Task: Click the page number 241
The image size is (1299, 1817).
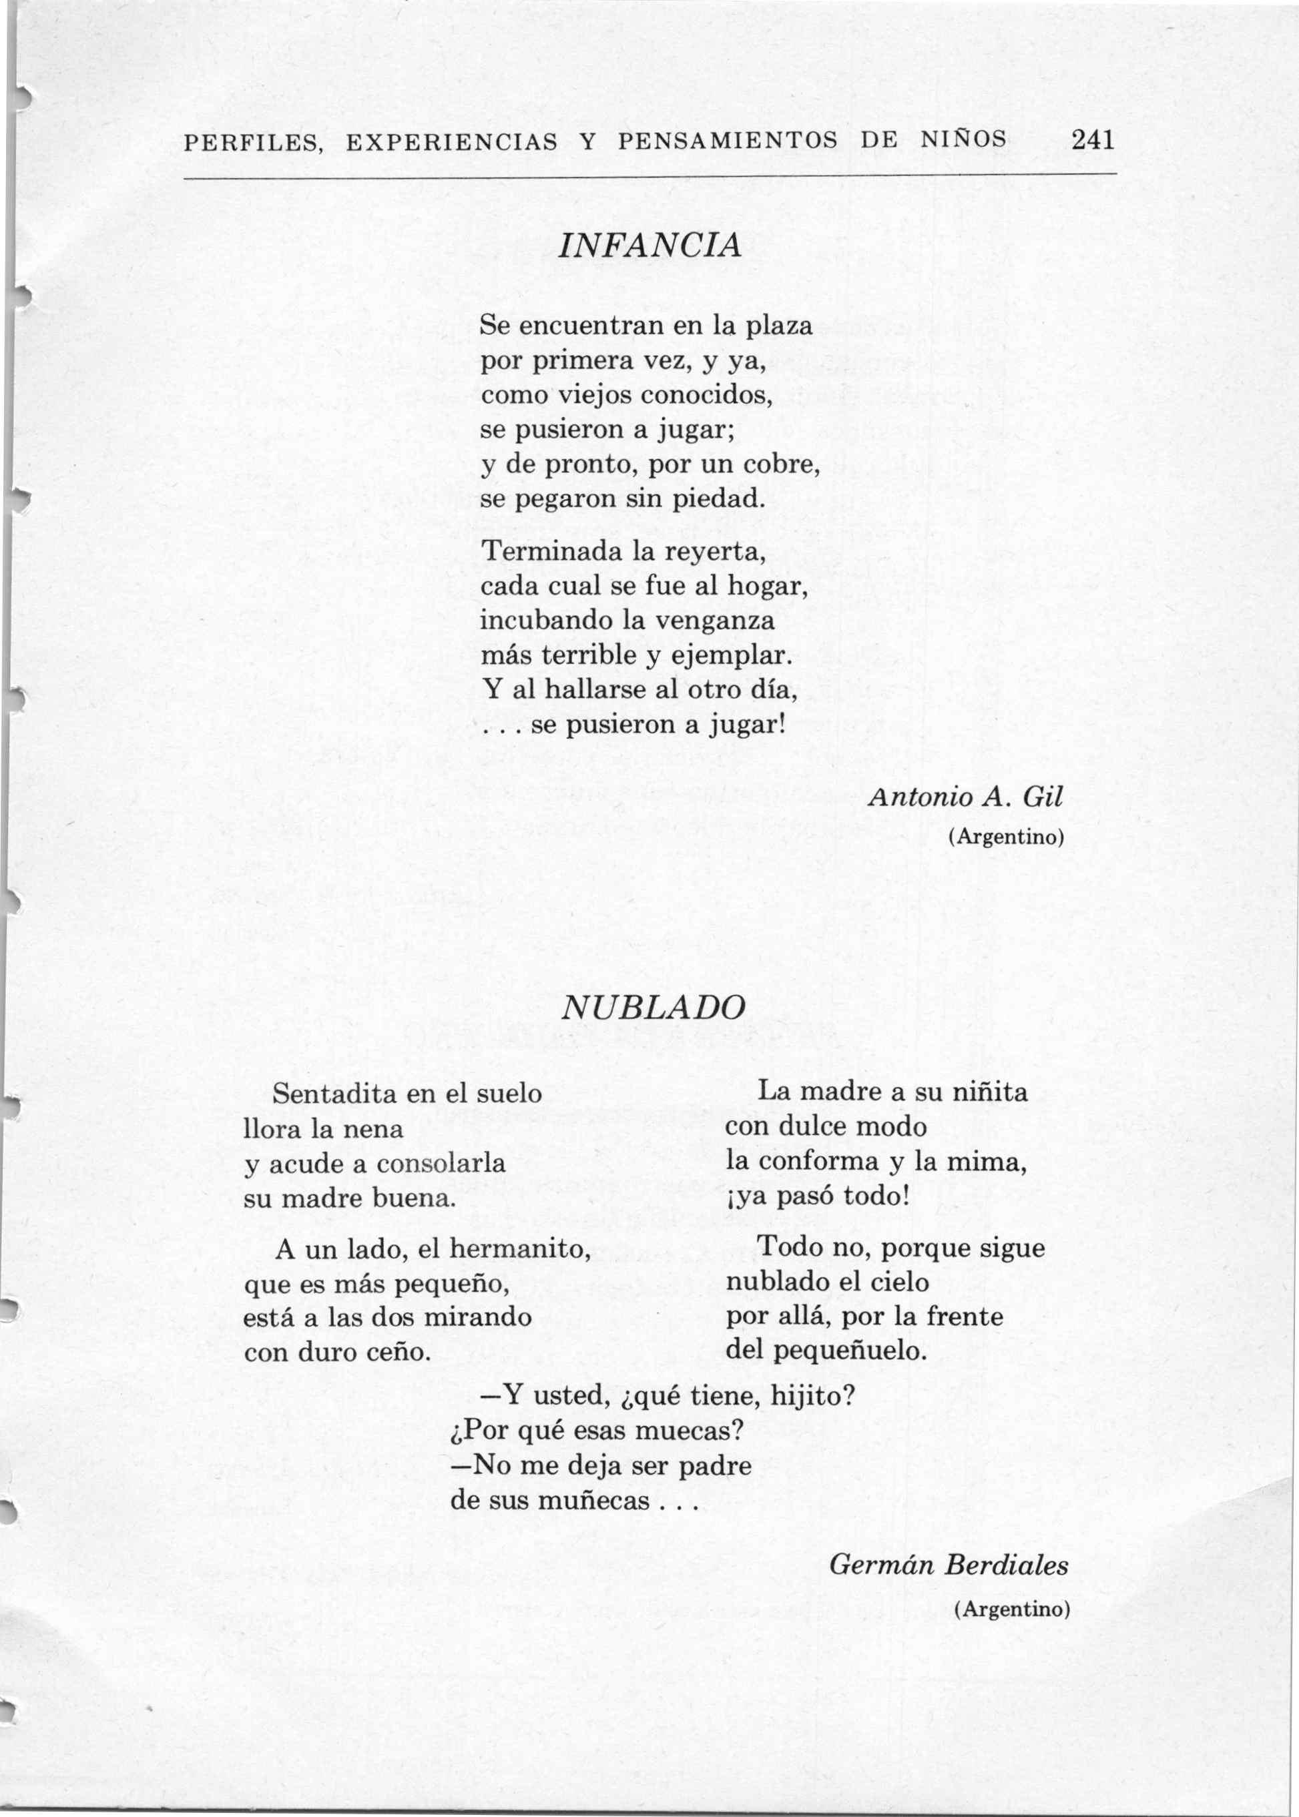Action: [x=1093, y=141]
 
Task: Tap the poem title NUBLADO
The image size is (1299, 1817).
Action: [x=653, y=1006]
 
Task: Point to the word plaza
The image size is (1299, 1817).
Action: [x=778, y=326]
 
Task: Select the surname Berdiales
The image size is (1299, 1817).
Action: [x=1005, y=1564]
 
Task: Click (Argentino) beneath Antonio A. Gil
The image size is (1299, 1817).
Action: [x=1005, y=837]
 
